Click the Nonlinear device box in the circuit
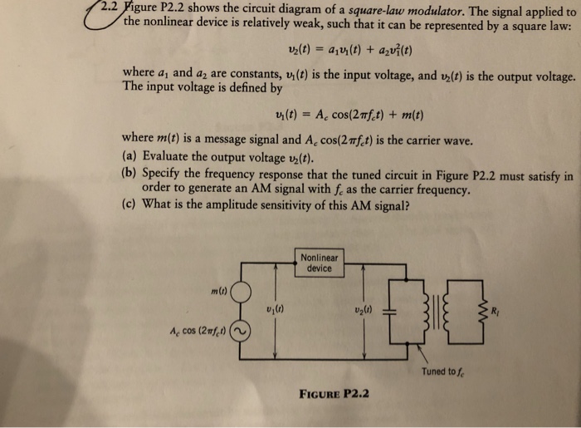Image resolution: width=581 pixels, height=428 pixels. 319,263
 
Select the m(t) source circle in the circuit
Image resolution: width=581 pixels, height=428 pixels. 241,293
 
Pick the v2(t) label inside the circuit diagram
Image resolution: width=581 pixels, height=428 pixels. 360,310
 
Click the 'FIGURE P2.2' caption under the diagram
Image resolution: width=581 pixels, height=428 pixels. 336,393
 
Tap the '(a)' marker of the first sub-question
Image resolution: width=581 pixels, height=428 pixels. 129,155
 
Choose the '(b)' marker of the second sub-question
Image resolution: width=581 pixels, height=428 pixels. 129,175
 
